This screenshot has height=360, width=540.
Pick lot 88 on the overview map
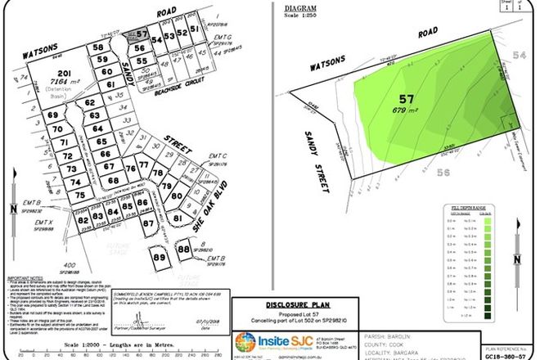click(184, 248)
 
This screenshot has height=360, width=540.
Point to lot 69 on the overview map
click(56, 118)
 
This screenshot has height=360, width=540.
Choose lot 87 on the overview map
click(149, 223)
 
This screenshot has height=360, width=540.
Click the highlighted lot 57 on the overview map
click(141, 34)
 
